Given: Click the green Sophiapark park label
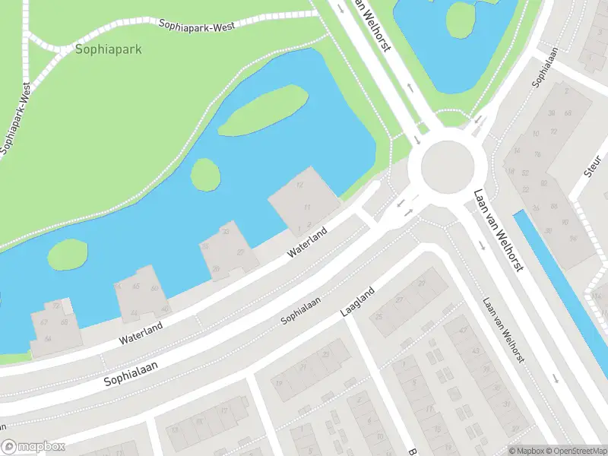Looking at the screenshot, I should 109,49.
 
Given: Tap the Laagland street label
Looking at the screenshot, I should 357,302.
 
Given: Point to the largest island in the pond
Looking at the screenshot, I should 262,110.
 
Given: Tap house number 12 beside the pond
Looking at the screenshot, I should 299,185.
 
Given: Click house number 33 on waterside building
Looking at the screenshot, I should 225,231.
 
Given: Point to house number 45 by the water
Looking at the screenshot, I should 136,287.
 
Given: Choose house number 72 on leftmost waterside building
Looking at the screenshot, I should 56,306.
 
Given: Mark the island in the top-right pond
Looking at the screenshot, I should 460,19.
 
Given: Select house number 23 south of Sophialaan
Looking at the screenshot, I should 325,354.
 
